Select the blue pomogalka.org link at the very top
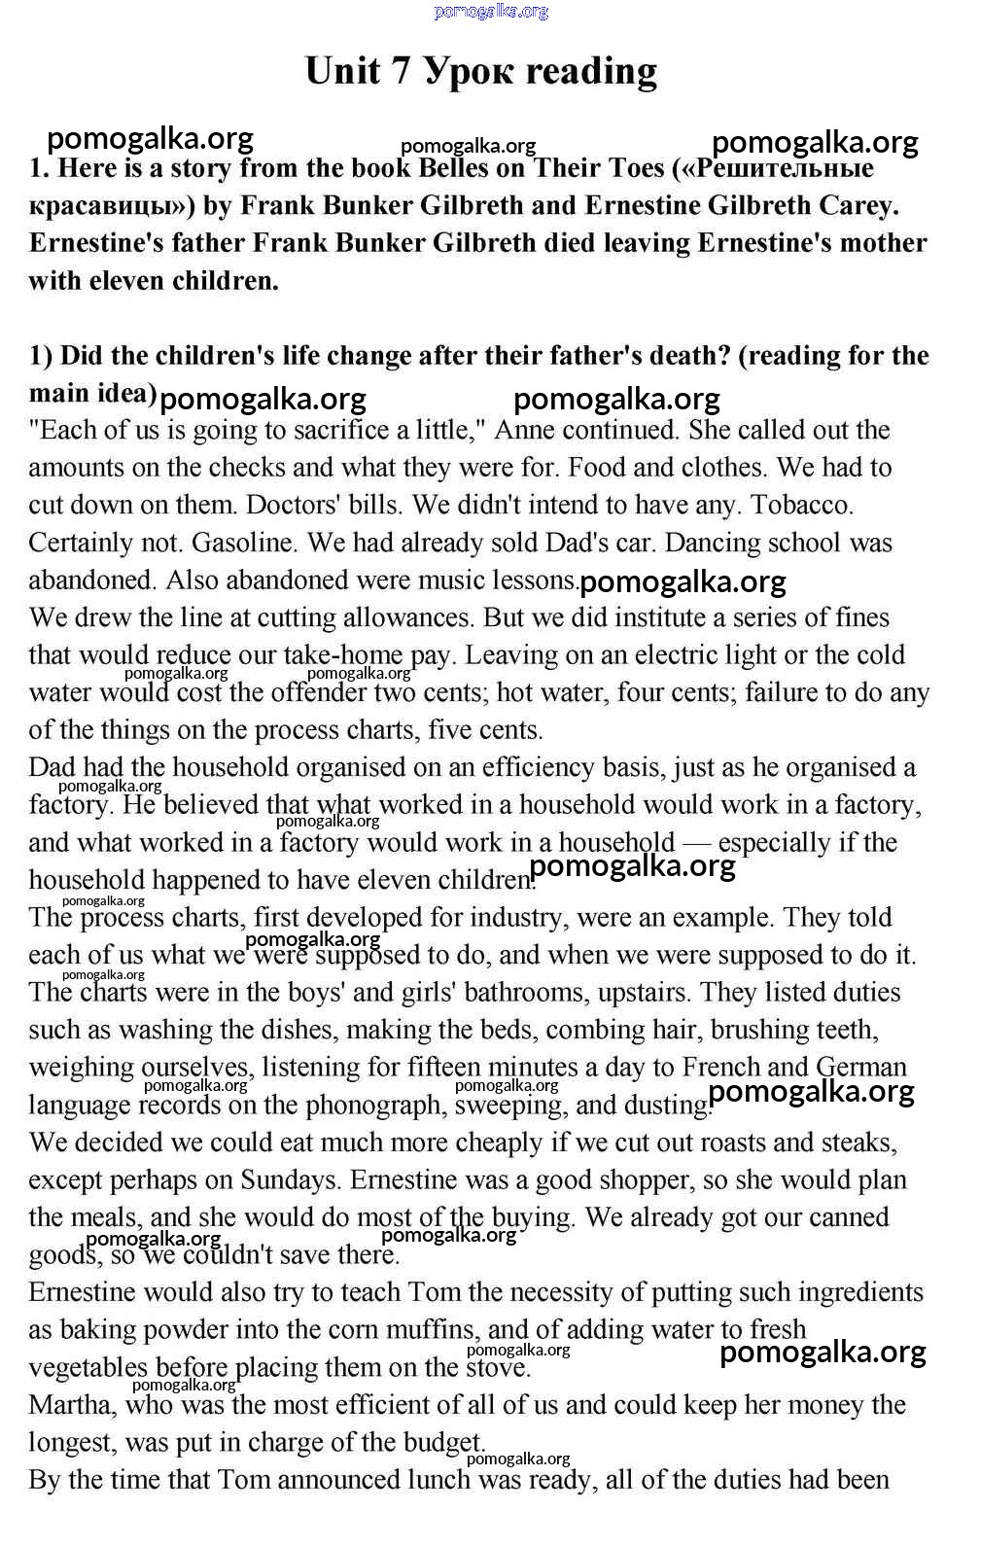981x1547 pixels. click(x=491, y=11)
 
